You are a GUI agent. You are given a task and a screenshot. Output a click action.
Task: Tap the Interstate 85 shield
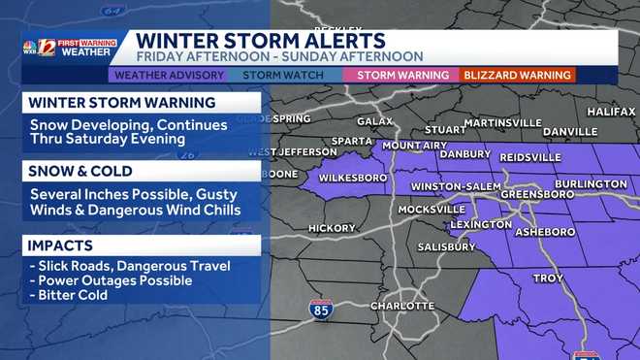321,311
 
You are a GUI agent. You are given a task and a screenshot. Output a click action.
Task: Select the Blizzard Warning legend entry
517,75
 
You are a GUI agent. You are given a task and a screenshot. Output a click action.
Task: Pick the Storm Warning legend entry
403,75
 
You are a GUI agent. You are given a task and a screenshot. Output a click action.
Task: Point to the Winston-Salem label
455,186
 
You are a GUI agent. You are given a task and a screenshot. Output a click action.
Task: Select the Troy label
548,278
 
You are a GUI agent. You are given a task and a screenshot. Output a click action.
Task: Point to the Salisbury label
447,246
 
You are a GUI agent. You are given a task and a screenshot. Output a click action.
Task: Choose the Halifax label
611,112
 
